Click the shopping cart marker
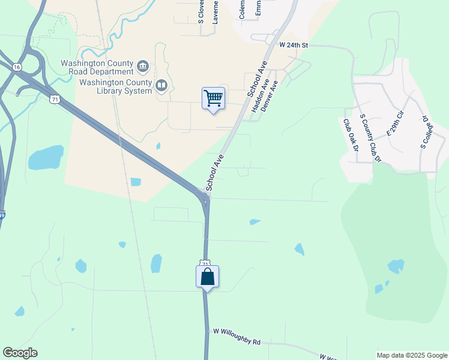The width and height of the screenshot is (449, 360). [x=213, y=98]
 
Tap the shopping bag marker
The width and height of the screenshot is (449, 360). [x=207, y=277]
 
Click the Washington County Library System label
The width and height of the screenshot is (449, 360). [x=116, y=86]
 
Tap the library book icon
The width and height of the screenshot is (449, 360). [x=161, y=86]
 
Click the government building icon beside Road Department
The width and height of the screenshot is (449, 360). [x=143, y=65]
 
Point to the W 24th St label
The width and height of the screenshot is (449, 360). [x=294, y=45]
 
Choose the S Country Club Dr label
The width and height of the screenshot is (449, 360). [x=370, y=139]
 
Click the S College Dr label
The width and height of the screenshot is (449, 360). [x=426, y=132]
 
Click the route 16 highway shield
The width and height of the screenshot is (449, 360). [x=16, y=67]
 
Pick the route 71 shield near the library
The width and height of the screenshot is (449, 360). [x=55, y=99]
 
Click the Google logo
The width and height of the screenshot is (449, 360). [x=20, y=353]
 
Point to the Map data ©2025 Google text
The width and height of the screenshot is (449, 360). [x=411, y=355]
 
